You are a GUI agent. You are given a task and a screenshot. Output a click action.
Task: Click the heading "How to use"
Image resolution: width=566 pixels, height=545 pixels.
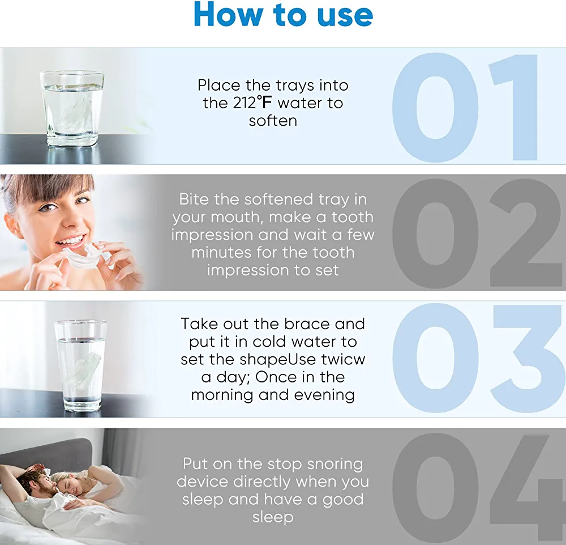point(284,15)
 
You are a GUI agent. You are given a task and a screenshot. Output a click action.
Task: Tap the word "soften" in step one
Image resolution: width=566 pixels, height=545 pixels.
point(273,121)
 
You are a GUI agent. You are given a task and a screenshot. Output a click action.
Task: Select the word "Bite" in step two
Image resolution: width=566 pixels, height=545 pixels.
point(194,199)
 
